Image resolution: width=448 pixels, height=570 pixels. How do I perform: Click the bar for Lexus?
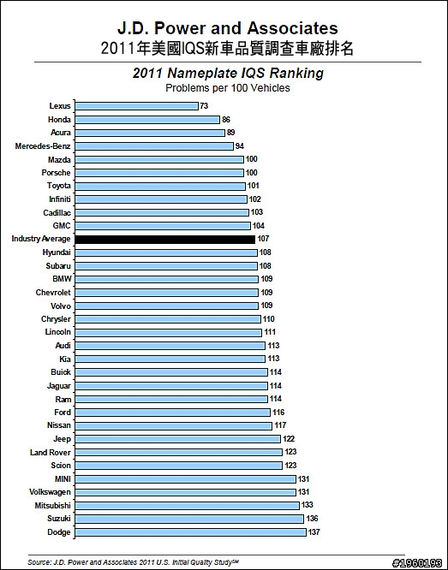pos(136,106)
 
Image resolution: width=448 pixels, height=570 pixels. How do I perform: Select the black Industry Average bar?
pos(164,239)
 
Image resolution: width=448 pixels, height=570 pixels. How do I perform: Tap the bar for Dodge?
pos(191,532)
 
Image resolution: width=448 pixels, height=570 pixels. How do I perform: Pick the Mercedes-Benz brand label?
pos(43,146)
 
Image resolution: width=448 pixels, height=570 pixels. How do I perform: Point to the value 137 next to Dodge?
pos(314,532)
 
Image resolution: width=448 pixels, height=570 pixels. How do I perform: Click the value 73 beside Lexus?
pos(204,106)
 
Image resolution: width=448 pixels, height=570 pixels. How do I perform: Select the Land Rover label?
pos(51,453)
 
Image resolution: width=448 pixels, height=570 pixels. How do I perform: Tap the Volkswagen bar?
pos(185,492)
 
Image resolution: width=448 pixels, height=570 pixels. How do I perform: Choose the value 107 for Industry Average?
pos(263,239)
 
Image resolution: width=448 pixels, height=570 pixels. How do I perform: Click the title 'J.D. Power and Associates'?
pos(228,28)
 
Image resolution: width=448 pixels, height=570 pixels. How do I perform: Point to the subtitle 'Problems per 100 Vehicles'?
pos(228,88)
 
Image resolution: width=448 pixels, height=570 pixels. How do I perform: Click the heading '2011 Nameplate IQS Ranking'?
pos(228,73)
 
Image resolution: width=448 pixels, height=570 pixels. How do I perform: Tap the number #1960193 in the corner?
pos(416,563)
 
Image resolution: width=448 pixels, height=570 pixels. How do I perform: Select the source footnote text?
pos(133,562)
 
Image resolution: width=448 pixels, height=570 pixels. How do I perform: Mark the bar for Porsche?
pos(159,173)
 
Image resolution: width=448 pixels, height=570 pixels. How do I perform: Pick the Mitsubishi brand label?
pos(53,506)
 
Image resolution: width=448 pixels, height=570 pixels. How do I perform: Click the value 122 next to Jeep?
pos(289,439)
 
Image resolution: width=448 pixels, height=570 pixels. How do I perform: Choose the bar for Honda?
pos(147,120)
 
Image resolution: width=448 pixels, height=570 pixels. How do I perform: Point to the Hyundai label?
pos(57,252)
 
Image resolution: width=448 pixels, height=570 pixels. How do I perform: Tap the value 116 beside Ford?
pos(278,413)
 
